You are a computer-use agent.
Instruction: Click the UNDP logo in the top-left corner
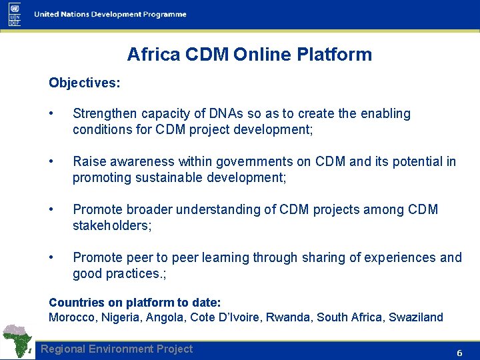(15, 14)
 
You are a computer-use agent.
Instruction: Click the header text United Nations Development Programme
(110, 15)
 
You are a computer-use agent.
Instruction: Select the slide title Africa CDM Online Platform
(249, 54)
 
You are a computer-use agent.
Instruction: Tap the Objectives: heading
(85, 83)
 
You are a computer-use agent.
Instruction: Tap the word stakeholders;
(112, 225)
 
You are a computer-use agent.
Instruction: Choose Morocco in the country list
(73, 317)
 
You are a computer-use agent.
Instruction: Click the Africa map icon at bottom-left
(18, 341)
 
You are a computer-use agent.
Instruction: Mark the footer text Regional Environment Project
(117, 349)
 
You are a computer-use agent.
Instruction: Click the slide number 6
(459, 353)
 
